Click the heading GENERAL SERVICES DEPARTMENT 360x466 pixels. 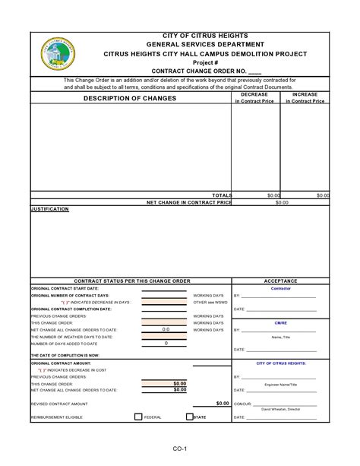tap(205, 45)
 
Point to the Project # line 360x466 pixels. tap(205, 62)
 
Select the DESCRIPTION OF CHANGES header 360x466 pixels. tap(130, 98)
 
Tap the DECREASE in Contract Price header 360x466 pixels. tap(254, 97)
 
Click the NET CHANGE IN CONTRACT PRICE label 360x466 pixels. tap(189, 203)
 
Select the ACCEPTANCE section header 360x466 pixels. tap(280, 281)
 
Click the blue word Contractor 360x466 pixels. tap(280, 288)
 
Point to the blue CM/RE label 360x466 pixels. tap(280, 323)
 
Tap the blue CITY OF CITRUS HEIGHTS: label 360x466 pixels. tap(281, 363)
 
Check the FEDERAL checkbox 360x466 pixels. tap(138, 417)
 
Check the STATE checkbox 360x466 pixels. tap(190, 417)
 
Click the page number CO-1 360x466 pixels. tap(179, 449)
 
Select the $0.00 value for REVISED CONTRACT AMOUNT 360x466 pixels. tap(222, 404)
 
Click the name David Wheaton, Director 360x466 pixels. tap(281, 410)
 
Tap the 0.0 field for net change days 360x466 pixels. tap(166, 330)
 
